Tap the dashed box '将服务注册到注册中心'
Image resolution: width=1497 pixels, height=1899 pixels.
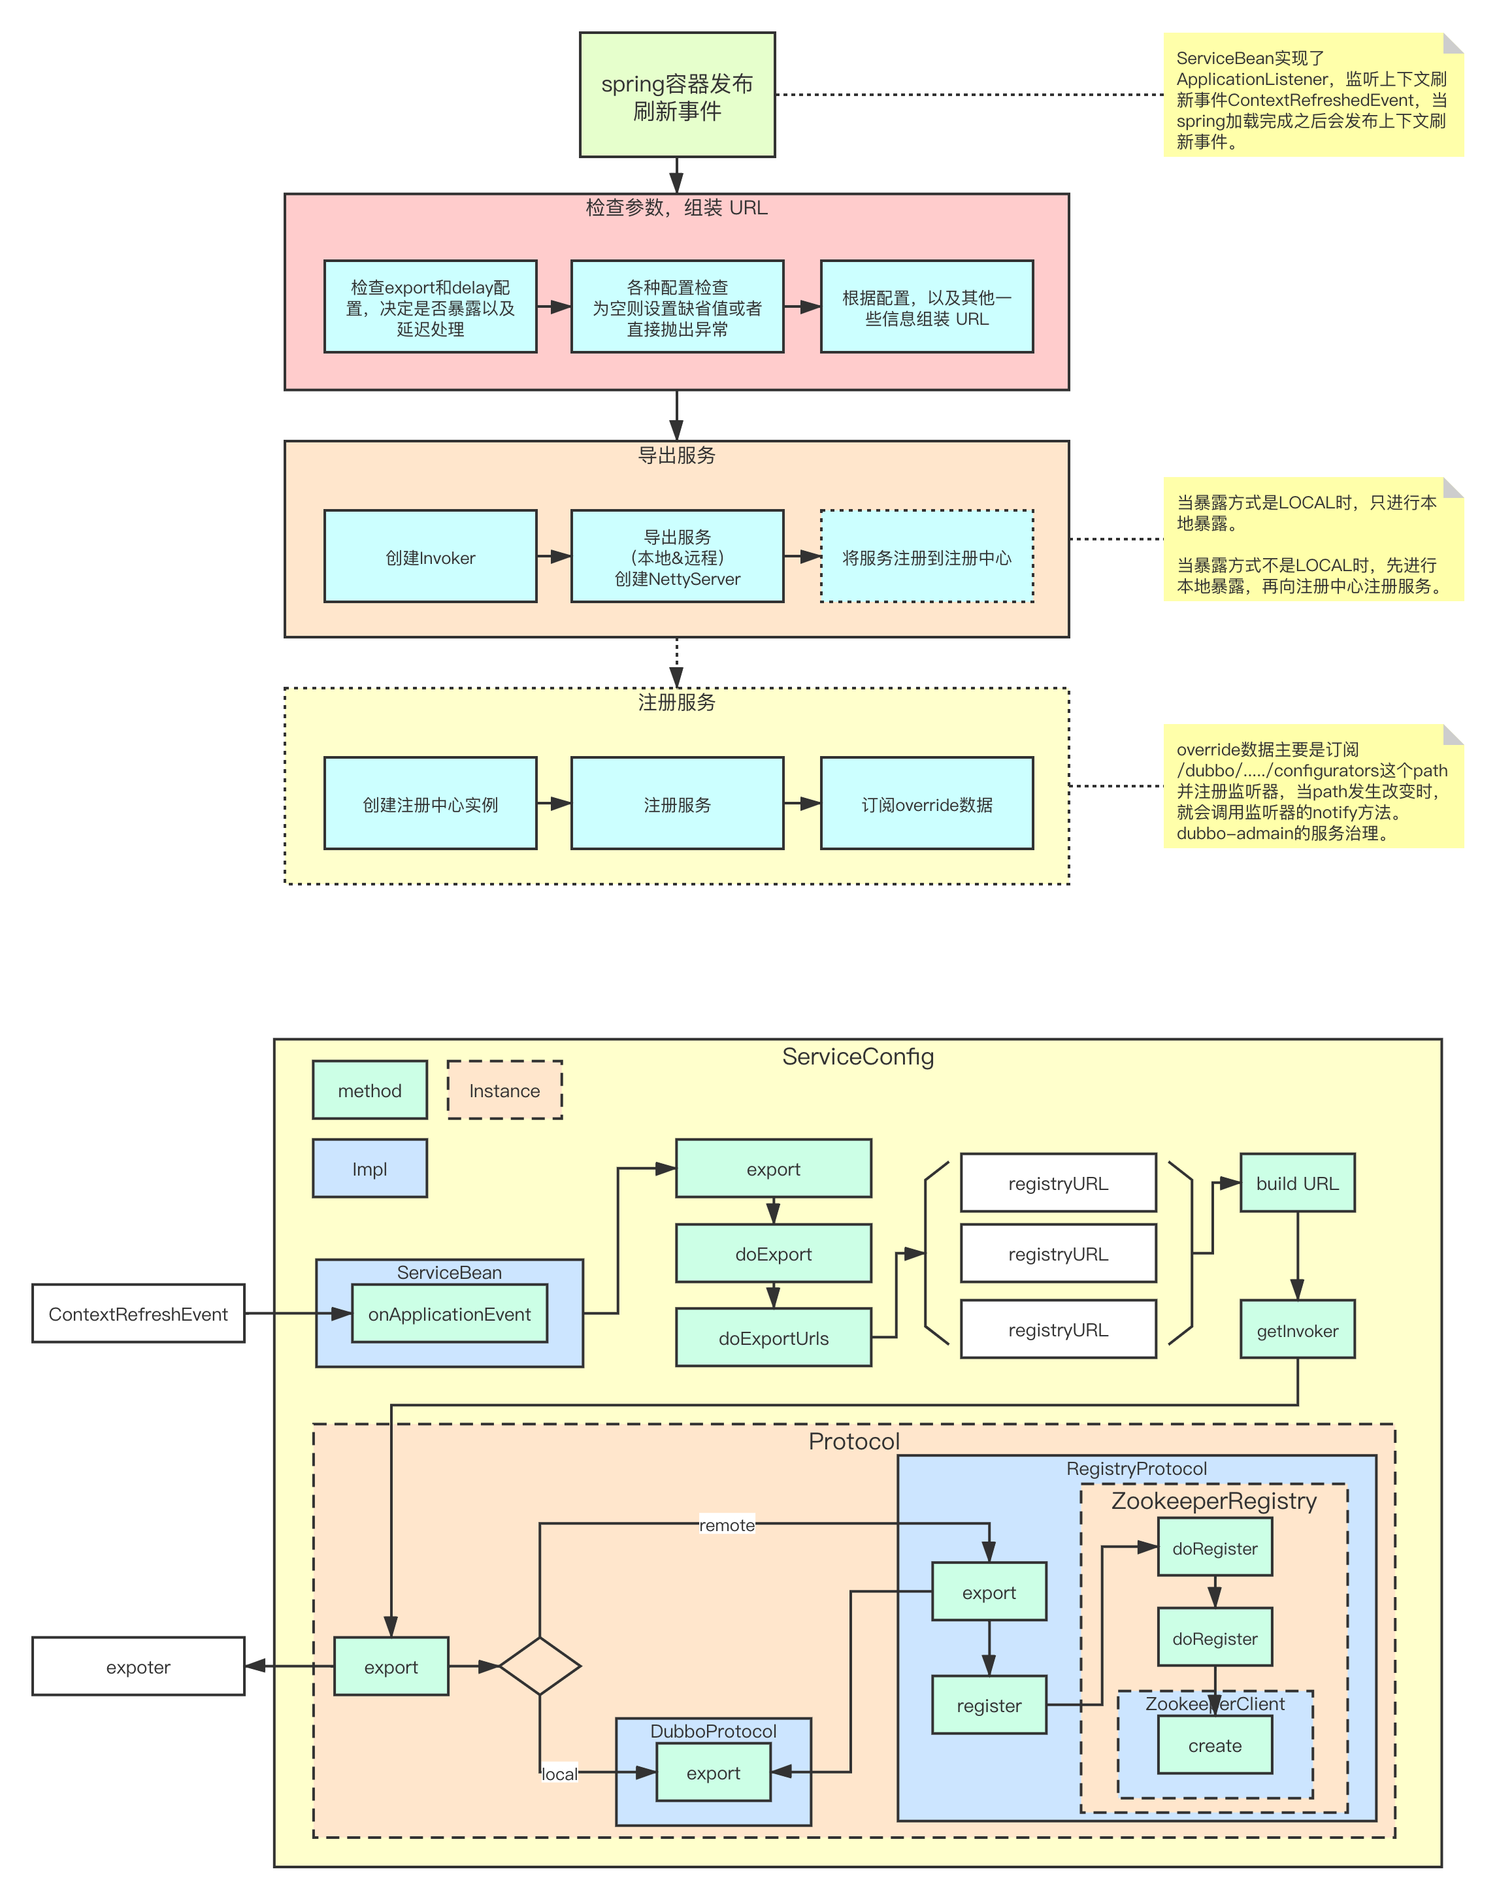coord(927,557)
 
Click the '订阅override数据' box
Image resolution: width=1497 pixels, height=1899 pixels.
coord(927,804)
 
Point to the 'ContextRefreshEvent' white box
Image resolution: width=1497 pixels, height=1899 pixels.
coord(139,1313)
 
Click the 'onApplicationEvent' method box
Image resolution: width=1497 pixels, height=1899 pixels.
coord(449,1313)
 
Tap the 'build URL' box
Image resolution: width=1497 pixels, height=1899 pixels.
coord(1297,1183)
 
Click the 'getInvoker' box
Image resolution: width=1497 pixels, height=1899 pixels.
coord(1297,1330)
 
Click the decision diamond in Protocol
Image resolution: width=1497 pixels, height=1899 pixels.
coord(540,1666)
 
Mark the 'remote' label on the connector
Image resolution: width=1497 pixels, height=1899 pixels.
coord(727,1525)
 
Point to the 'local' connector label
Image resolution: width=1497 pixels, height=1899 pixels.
coord(559,1774)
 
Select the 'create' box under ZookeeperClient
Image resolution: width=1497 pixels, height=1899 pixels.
coord(1214,1745)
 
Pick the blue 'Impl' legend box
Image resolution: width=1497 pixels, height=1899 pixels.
coord(369,1169)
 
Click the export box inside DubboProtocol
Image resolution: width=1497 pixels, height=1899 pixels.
coord(714,1773)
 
